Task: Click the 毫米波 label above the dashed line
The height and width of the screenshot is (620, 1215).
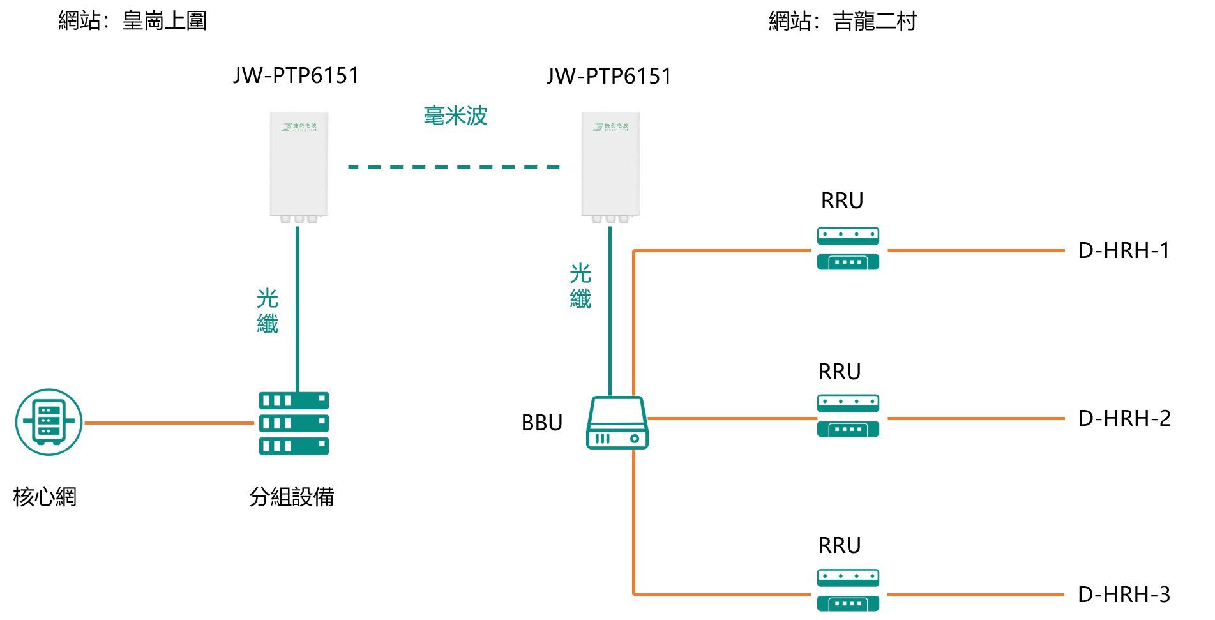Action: point(455,116)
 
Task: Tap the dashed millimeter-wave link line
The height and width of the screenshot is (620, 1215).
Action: point(453,167)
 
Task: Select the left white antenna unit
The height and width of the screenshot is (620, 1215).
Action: point(299,165)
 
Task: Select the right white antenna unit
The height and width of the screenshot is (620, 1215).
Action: point(610,165)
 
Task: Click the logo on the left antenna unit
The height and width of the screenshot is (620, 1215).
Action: point(299,126)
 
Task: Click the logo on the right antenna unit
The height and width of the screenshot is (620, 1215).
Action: point(610,126)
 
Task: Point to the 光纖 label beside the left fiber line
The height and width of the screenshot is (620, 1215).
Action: point(268,311)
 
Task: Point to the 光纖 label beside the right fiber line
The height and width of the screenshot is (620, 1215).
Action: point(580,286)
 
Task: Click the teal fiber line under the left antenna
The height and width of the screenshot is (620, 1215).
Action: point(298,306)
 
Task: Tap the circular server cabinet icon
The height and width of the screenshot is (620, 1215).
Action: point(49,422)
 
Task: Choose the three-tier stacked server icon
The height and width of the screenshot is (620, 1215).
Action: point(294,423)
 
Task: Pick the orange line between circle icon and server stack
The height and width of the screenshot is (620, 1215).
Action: point(169,423)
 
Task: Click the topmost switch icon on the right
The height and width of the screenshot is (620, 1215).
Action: point(848,248)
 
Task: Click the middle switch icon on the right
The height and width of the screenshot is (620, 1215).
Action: point(848,416)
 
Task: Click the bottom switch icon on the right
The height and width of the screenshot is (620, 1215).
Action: point(848,590)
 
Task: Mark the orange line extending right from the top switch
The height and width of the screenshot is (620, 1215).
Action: point(976,251)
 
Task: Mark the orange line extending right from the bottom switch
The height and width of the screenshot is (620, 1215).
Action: point(976,595)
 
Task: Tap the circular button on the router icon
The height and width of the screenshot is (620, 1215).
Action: point(635,439)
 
